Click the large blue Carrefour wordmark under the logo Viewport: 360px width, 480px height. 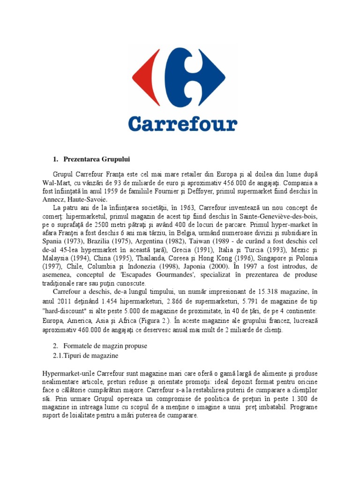182,124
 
